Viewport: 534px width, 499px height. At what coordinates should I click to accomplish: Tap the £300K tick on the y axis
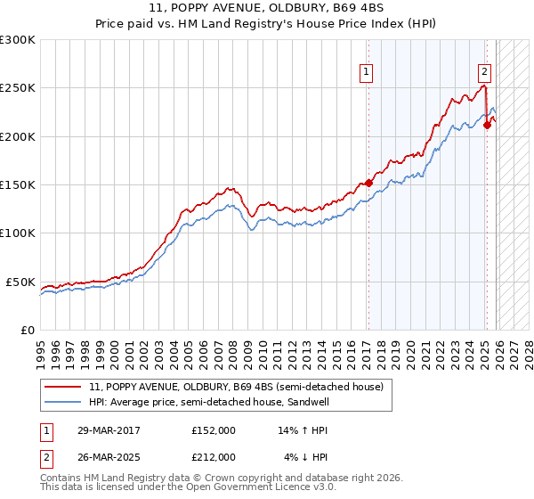pos(18,40)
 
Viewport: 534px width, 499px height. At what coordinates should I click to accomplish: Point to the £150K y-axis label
pos(18,184)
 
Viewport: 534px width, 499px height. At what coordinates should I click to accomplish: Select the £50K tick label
pos(20,282)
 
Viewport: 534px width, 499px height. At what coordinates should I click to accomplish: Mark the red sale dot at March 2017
pos(368,184)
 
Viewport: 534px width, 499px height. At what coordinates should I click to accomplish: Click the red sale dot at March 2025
pos(487,126)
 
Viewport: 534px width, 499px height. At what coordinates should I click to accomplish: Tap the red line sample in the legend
pos(63,388)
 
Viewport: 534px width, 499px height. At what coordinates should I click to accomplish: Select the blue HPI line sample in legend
pos(63,402)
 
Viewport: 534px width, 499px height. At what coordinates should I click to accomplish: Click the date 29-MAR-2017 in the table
pos(102,430)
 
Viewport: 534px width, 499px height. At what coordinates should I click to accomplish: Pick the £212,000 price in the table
pos(214,457)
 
